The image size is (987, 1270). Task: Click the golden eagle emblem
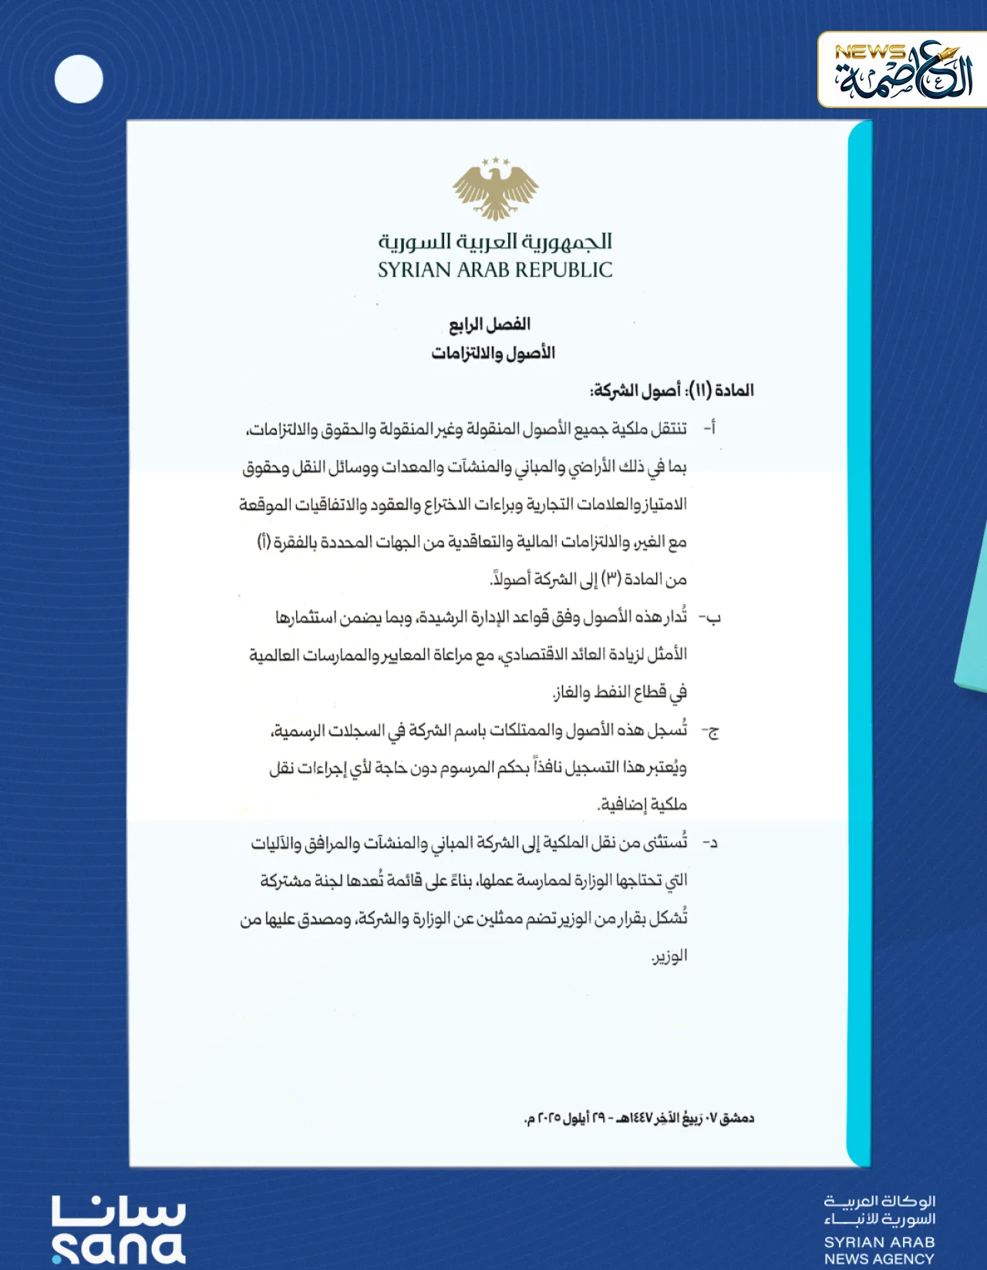click(x=495, y=188)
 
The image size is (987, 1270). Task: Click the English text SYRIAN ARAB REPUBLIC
click(x=495, y=270)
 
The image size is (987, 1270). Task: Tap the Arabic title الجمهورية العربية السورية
click(x=495, y=242)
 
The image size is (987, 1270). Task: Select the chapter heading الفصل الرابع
click(x=490, y=324)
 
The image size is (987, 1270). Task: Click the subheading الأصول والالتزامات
click(x=493, y=353)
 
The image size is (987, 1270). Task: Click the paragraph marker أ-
click(x=710, y=428)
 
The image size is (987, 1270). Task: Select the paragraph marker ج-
click(x=710, y=731)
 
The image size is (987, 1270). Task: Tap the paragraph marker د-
click(x=710, y=843)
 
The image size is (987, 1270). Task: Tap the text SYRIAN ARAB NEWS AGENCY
click(x=879, y=1250)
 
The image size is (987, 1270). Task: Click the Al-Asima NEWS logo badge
click(x=902, y=70)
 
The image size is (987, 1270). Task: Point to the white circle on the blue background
click(x=79, y=79)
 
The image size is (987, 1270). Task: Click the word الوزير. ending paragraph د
click(x=669, y=957)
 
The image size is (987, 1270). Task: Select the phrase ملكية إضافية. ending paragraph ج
click(x=642, y=806)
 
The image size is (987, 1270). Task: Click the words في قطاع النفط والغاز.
click(x=620, y=692)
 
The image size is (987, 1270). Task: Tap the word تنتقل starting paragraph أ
click(x=669, y=428)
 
